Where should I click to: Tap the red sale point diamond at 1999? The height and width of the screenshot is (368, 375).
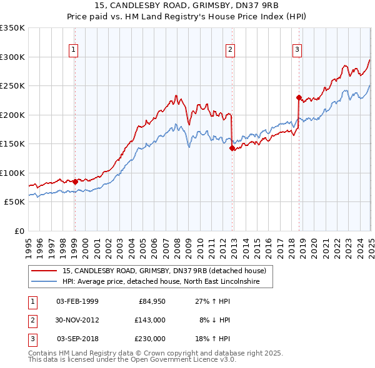[x=75, y=182]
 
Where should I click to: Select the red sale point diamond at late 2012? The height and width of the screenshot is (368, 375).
[x=232, y=148]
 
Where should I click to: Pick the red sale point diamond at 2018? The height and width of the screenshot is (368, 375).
[x=299, y=97]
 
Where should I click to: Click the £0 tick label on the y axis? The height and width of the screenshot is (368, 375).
[x=19, y=231]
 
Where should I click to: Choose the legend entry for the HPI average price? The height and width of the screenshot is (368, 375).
[x=167, y=281]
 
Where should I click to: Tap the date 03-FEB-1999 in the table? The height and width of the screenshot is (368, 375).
[x=77, y=301]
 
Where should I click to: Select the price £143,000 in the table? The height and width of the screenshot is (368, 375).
[x=150, y=320]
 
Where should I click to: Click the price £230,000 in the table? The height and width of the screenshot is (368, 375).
[x=150, y=339]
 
